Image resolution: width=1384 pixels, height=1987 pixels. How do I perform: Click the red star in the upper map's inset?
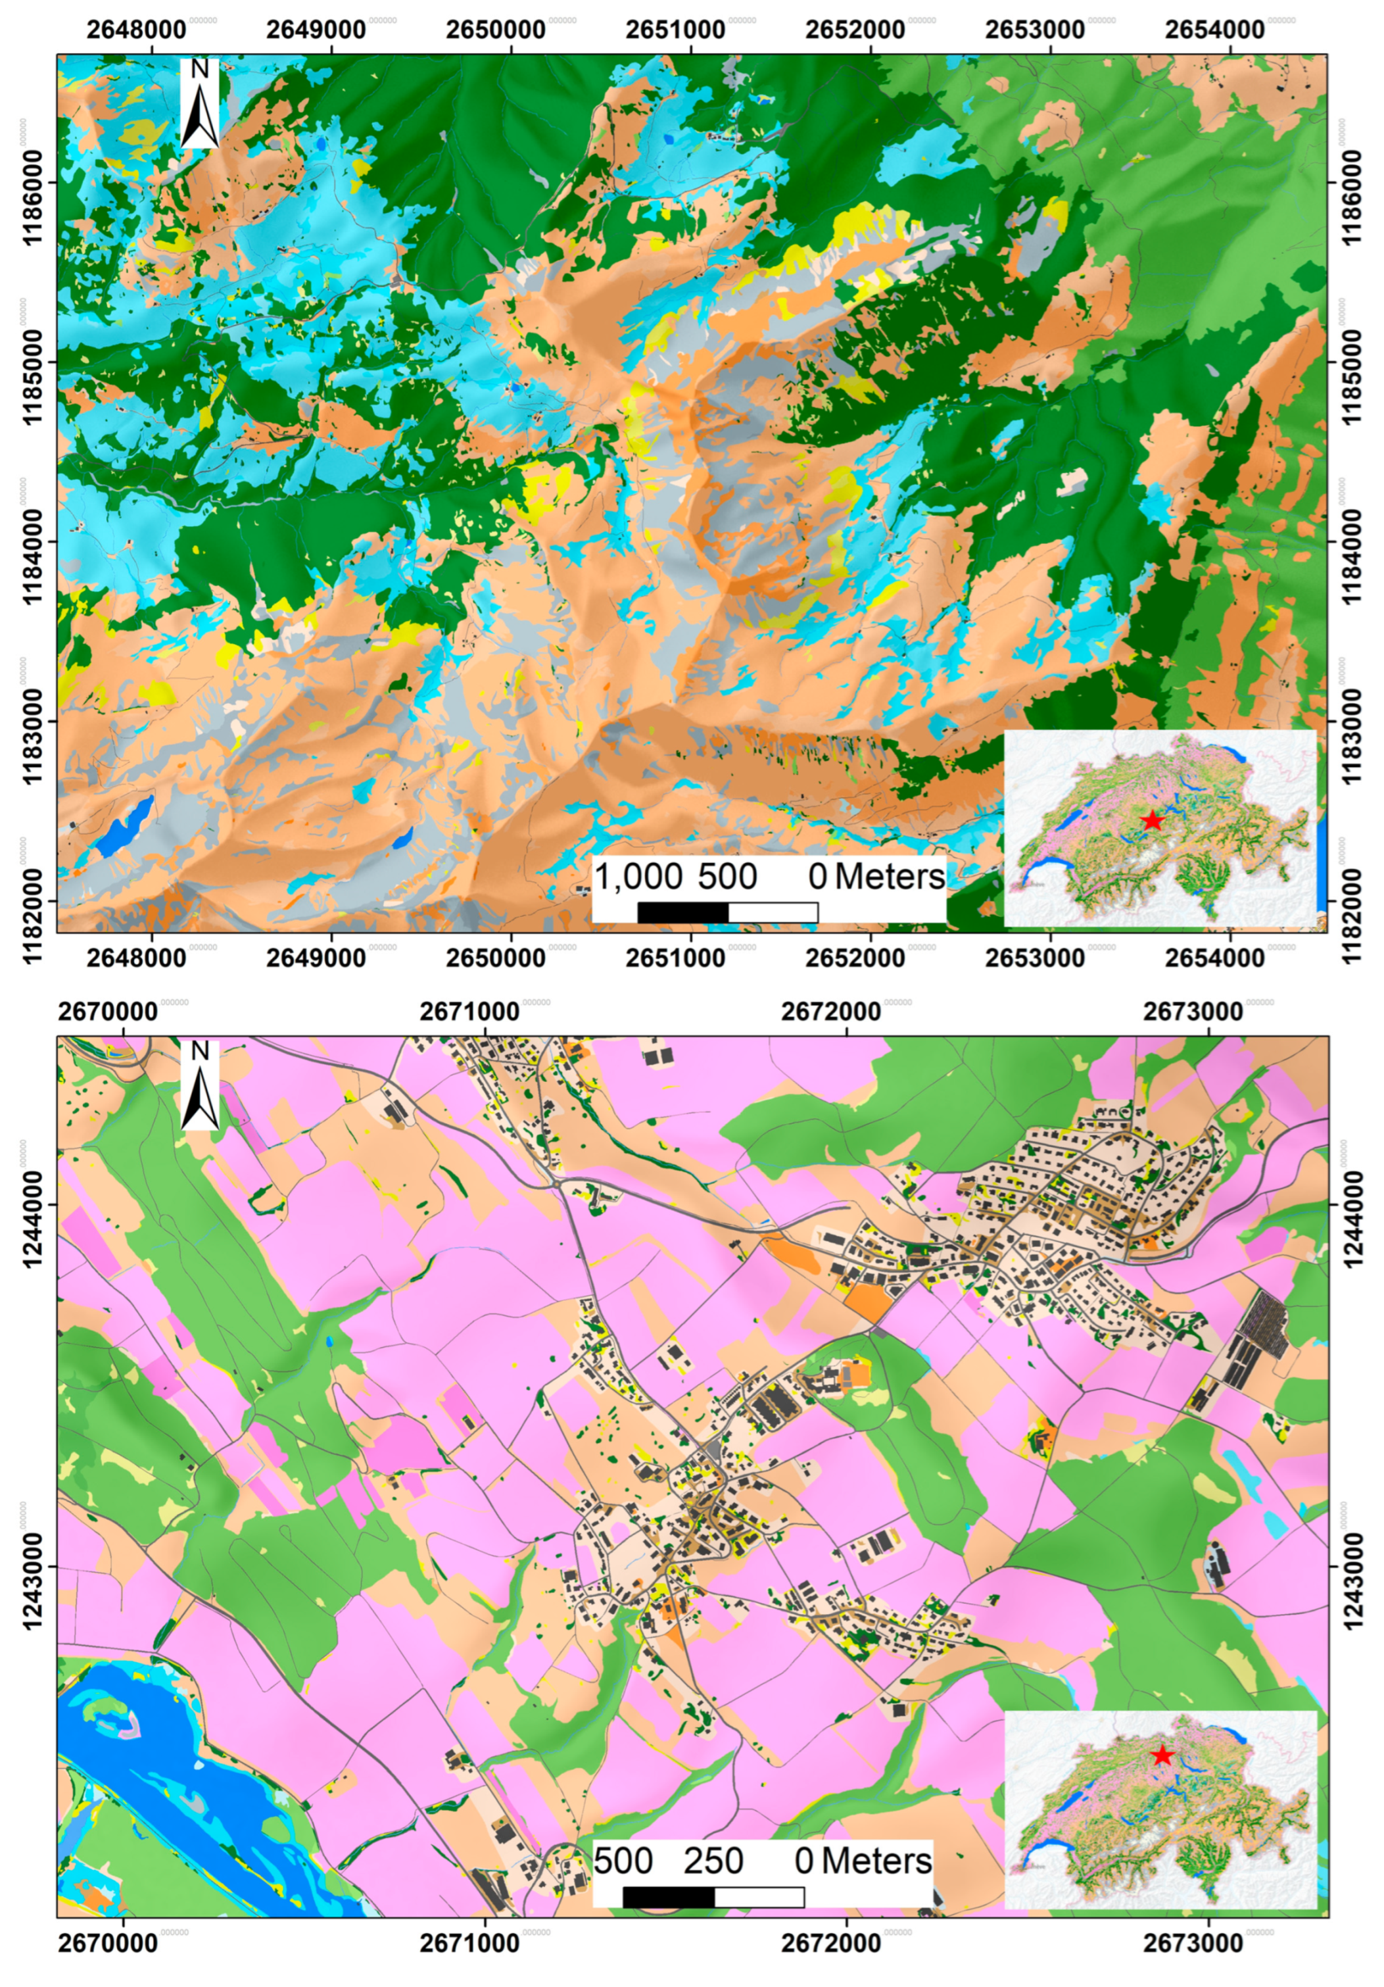point(1151,820)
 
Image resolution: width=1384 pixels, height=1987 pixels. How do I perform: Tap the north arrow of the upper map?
point(200,104)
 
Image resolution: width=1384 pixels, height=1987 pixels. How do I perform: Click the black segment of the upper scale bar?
point(682,912)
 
